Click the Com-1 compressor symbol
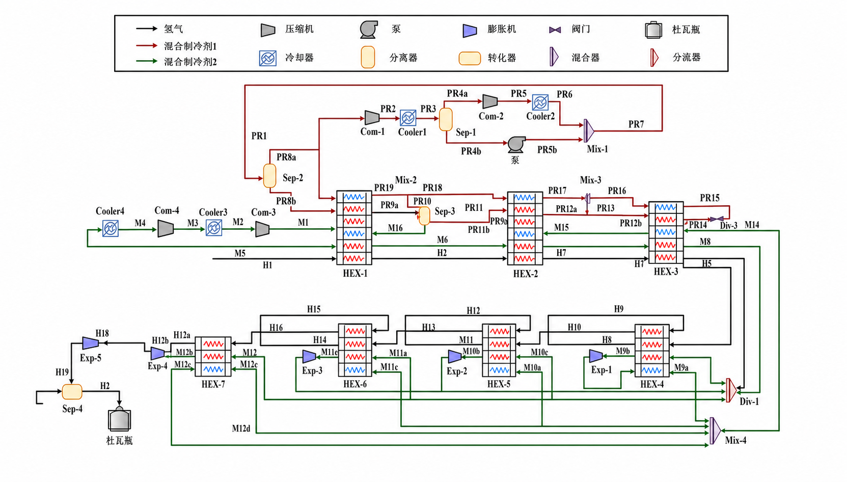pos(372,118)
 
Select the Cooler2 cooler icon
pos(540,102)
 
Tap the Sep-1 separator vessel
pos(446,119)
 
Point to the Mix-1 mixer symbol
pos(589,130)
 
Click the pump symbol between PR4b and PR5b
pos(516,144)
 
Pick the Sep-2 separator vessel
pos(269,176)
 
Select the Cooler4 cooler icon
pos(111,228)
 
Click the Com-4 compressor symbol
pos(165,228)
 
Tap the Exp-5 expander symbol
pos(90,343)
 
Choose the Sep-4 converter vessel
pos(72,392)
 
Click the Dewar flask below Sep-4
pos(120,419)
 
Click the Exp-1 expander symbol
pos(596,356)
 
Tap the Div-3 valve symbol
pos(717,219)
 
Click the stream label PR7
pos(636,124)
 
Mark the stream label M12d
pos(241,429)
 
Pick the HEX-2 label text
pos(525,274)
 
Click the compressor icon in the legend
pos(268,30)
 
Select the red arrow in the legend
pos(147,46)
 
